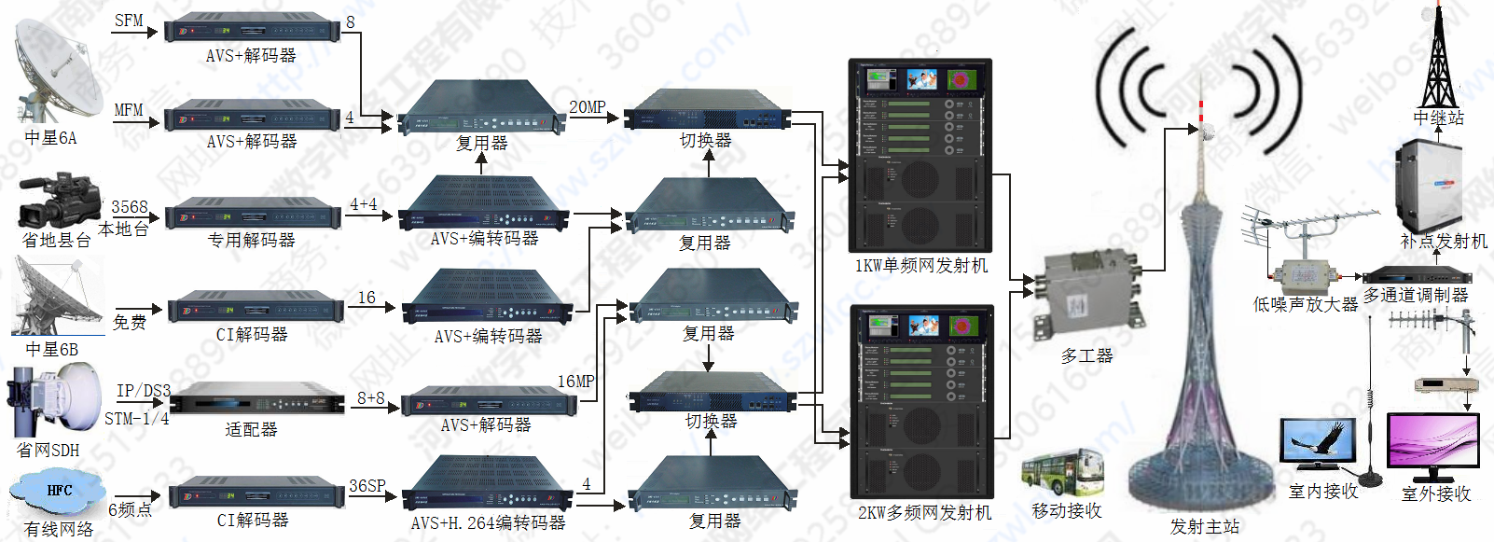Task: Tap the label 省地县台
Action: [57, 241]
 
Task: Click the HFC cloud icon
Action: [58, 492]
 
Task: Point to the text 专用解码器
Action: [251, 241]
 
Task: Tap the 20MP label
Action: [588, 107]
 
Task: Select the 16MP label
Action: [575, 382]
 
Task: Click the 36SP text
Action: [367, 486]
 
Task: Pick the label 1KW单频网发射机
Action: [920, 266]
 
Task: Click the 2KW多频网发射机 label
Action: [924, 512]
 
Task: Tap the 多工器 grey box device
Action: [1086, 293]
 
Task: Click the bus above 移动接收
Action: [1062, 472]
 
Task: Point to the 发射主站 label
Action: [1204, 527]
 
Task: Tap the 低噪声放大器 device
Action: [1306, 276]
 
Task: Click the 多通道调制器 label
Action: [1416, 295]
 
